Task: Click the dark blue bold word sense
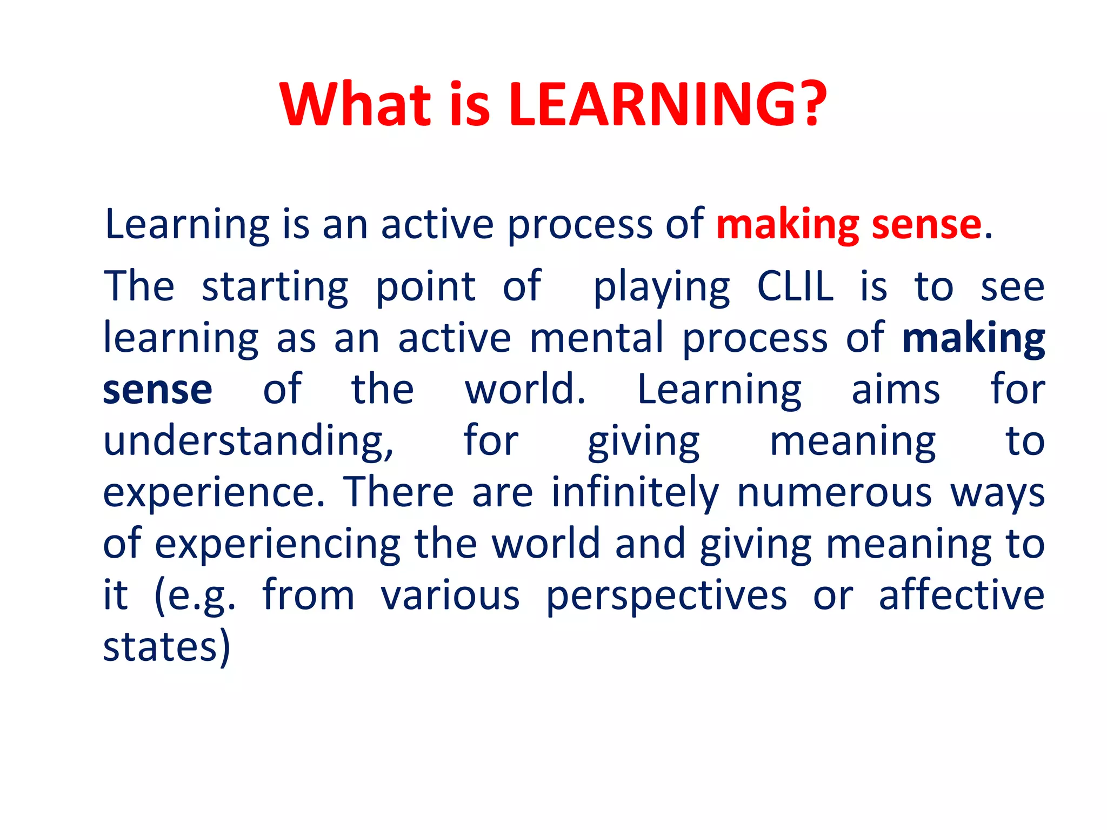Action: pyautogui.click(x=157, y=390)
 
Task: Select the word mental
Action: pyautogui.click(x=596, y=338)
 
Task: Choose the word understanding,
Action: pyautogui.click(x=249, y=442)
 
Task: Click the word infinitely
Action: pyautogui.click(x=635, y=493)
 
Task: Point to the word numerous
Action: pyautogui.click(x=835, y=494)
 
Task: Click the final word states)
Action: pyautogui.click(x=166, y=647)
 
